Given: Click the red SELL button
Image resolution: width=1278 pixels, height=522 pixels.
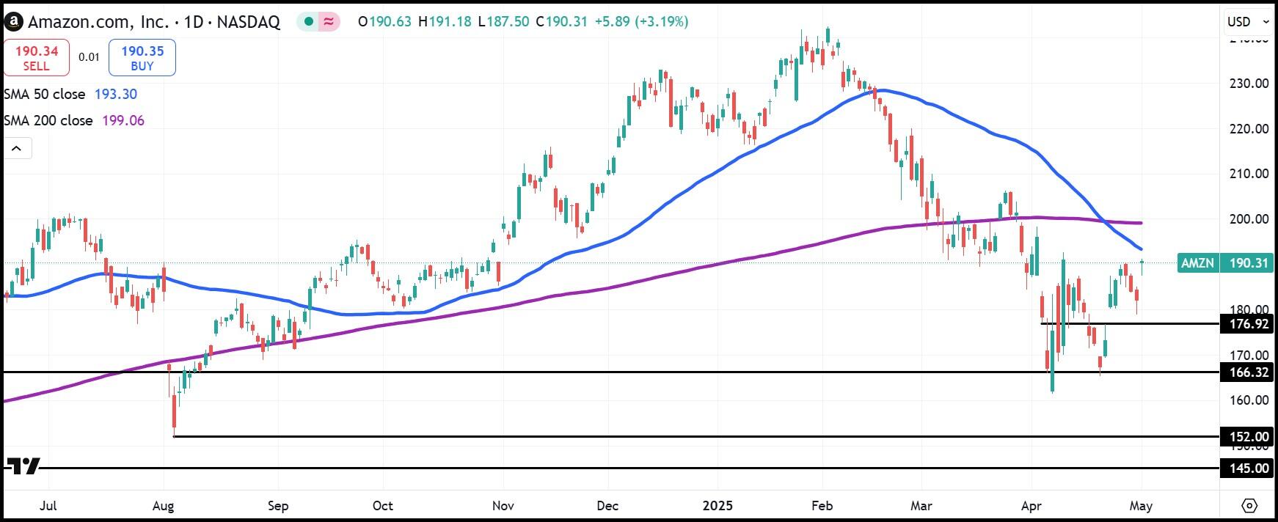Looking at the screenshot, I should pyautogui.click(x=36, y=58).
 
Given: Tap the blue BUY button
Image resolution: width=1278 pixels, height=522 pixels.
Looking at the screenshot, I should pyautogui.click(x=142, y=58).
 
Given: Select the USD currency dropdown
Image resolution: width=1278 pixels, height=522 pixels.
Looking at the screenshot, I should pyautogui.click(x=1248, y=21).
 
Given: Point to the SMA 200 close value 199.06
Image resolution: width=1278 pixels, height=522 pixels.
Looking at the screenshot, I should pyautogui.click(x=123, y=120).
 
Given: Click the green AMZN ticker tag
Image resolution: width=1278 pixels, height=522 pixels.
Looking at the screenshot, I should pyautogui.click(x=1197, y=262).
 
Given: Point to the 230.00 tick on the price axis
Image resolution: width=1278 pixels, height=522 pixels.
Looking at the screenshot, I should pyautogui.click(x=1249, y=84).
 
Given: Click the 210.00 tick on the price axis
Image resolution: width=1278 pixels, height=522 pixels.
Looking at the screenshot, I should pyautogui.click(x=1249, y=174).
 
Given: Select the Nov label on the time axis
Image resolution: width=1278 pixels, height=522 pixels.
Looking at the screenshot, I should pyautogui.click(x=503, y=506).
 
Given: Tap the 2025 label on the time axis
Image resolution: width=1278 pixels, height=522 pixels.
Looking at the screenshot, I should pyautogui.click(x=717, y=506).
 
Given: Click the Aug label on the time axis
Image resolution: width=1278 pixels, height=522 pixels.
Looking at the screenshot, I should pyautogui.click(x=164, y=506).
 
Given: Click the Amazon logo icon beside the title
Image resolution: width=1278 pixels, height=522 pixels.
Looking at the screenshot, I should pyautogui.click(x=12, y=22).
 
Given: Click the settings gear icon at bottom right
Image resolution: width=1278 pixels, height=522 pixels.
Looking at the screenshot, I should pyautogui.click(x=1249, y=506).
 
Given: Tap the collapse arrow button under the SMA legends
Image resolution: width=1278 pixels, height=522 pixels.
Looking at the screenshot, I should pyautogui.click(x=17, y=149).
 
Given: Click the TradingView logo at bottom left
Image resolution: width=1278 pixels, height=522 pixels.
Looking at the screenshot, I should pyautogui.click(x=22, y=466).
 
